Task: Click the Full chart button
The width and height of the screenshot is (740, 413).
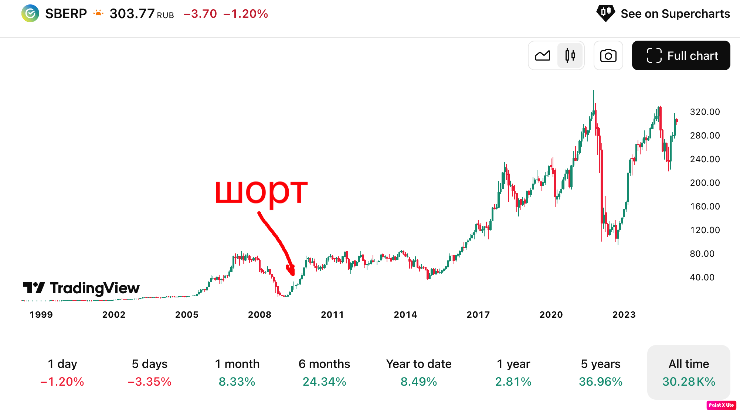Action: (x=681, y=55)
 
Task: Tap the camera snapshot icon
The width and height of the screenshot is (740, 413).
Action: (x=608, y=55)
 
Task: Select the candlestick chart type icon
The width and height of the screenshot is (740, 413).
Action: (x=570, y=55)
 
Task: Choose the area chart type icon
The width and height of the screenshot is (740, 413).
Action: (x=543, y=55)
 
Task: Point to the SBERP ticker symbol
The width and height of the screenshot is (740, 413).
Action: (x=66, y=14)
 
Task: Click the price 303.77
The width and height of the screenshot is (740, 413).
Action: (x=132, y=14)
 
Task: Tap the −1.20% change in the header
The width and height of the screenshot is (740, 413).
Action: (x=245, y=14)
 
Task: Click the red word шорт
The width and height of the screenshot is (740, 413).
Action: (x=261, y=191)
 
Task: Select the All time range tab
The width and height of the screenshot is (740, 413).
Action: (x=688, y=372)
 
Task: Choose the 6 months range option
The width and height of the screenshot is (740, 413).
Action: (x=324, y=372)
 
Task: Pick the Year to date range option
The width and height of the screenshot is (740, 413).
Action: (x=419, y=372)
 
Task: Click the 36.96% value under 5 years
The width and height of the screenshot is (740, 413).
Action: (x=601, y=381)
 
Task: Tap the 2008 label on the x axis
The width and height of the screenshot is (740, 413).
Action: (x=259, y=315)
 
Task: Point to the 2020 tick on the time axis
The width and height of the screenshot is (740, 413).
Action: (x=551, y=315)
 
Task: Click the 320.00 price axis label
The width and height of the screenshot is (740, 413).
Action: (x=705, y=112)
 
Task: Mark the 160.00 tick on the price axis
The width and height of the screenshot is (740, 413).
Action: (x=705, y=206)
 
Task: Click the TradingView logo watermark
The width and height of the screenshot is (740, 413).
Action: (x=81, y=288)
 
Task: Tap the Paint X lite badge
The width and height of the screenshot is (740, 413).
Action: (x=721, y=405)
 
